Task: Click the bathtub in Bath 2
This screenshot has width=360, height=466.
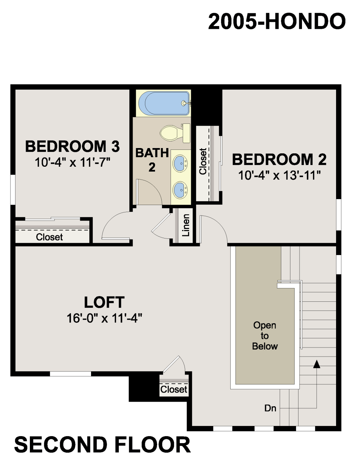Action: tap(164, 103)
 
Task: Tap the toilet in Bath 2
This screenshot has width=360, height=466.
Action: tap(175, 133)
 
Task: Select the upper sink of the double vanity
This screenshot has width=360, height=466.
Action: tap(180, 164)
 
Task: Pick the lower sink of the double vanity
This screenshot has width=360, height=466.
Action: tap(180, 190)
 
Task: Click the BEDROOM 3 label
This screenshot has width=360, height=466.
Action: tap(72, 146)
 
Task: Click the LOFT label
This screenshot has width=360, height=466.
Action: tap(104, 302)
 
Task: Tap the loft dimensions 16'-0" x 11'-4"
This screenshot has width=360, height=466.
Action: tap(104, 318)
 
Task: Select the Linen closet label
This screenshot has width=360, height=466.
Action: tap(186, 225)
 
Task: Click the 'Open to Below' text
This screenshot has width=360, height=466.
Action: tap(265, 336)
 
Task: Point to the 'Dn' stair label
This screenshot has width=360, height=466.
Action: tap(270, 408)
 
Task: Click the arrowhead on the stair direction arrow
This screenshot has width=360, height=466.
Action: tap(316, 364)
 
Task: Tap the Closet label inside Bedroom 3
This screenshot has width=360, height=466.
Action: tap(49, 237)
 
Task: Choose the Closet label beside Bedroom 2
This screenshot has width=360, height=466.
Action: tap(203, 161)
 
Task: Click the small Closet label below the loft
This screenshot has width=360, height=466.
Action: tap(174, 389)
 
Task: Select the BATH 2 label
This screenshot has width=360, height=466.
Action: tap(152, 160)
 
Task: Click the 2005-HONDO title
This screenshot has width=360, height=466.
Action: tap(277, 22)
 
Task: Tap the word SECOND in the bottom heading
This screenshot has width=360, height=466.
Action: tap(60, 445)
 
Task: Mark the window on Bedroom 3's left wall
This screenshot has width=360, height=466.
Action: tap(13, 190)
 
